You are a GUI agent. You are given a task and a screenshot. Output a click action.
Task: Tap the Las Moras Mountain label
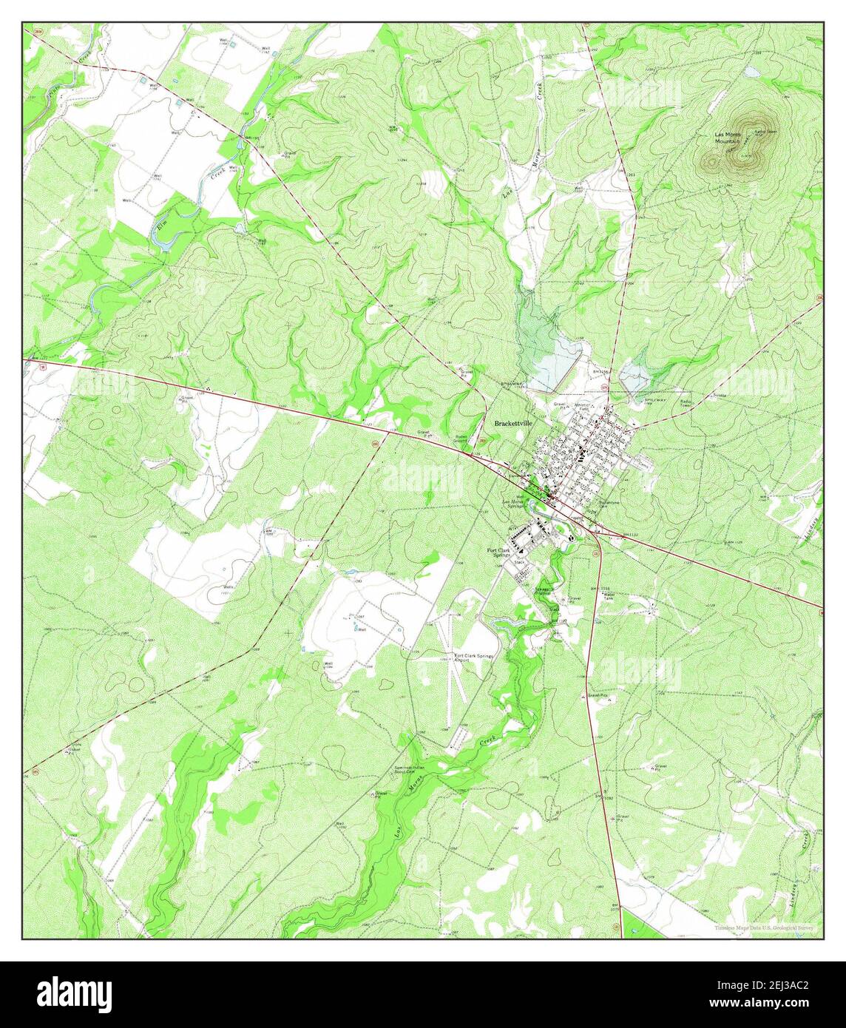pyautogui.click(x=728, y=138)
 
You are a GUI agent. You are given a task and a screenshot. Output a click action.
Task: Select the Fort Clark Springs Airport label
pyautogui.click(x=473, y=658)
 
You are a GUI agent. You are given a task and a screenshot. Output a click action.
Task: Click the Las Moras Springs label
pyautogui.click(x=515, y=504)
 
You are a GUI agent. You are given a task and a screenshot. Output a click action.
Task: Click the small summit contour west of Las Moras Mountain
pyautogui.click(x=711, y=160)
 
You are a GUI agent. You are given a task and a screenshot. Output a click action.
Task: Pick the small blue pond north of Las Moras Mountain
pyautogui.click(x=751, y=72)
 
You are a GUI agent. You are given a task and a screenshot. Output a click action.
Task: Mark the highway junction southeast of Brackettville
pyautogui.click(x=596, y=532)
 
